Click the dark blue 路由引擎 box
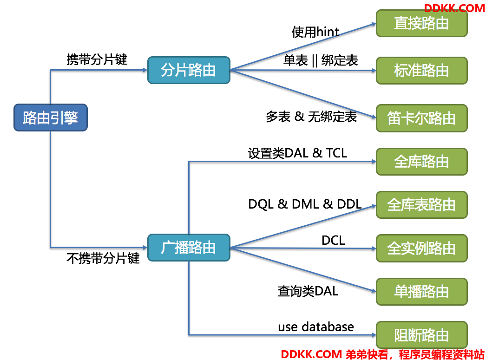[x=51, y=118]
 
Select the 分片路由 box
[x=189, y=70]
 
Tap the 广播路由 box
[x=189, y=248]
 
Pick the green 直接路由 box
[x=421, y=23]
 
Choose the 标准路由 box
[x=421, y=71]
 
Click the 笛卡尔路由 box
[x=421, y=118]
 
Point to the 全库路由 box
[x=421, y=161]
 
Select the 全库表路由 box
[x=421, y=205]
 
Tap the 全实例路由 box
[x=421, y=248]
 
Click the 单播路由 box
[x=421, y=292]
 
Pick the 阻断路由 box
[x=421, y=335]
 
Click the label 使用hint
[x=315, y=32]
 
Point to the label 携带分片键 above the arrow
[x=97, y=59]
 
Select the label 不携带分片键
[x=103, y=258]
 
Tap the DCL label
[x=333, y=241]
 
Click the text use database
[x=316, y=327]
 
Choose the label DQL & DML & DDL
[x=305, y=204]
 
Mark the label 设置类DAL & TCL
[x=297, y=153]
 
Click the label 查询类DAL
[x=308, y=291]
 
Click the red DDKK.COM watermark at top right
[x=454, y=8]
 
